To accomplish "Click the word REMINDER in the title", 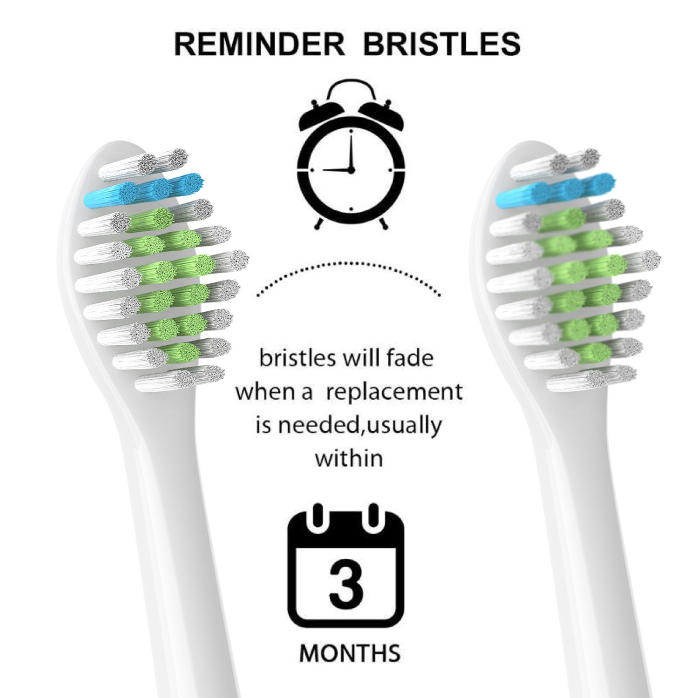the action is pyautogui.click(x=259, y=44).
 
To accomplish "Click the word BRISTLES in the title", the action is pyautogui.click(x=442, y=44).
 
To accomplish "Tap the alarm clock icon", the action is pyautogui.click(x=351, y=154).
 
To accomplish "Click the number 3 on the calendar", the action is pyautogui.click(x=346, y=584).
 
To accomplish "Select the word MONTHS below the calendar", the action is pyautogui.click(x=350, y=653).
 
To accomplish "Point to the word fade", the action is pyautogui.click(x=410, y=358).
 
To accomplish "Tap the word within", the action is pyautogui.click(x=349, y=458).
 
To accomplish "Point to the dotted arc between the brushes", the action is pyautogui.click(x=349, y=263).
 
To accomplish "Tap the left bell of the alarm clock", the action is pyautogui.click(x=319, y=114).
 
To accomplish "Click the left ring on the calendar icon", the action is pyautogui.click(x=318, y=517).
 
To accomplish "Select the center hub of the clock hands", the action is pyautogui.click(x=351, y=170).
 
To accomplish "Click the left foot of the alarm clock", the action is pyautogui.click(x=319, y=223).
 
